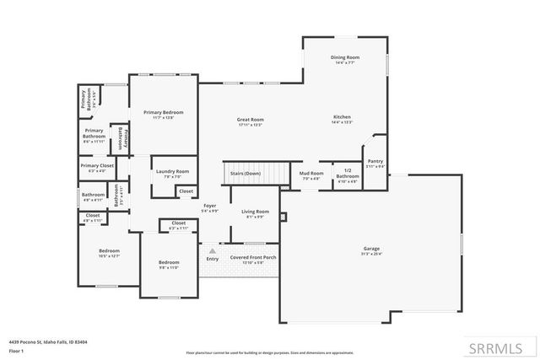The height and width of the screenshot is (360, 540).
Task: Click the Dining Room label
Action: click(x=344, y=56)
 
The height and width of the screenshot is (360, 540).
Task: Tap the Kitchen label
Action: click(x=342, y=116)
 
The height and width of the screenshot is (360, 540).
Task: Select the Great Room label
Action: click(x=251, y=120)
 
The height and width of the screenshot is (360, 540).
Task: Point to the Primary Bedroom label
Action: click(x=163, y=112)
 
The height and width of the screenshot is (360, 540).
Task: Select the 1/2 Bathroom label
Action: click(x=348, y=175)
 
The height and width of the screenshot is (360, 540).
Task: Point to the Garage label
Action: click(x=372, y=249)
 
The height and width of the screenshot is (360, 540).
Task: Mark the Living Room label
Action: click(x=255, y=211)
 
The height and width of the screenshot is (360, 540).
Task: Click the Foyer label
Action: click(x=211, y=205)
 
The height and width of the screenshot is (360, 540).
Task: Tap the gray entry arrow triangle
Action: click(x=213, y=250)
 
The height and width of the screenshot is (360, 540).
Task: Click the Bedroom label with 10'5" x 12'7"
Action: click(x=109, y=250)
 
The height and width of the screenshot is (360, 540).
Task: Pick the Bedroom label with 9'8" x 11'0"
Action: click(x=169, y=262)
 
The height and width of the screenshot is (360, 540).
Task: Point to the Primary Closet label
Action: click(x=97, y=165)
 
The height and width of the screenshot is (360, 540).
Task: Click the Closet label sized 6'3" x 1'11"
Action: click(x=178, y=224)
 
